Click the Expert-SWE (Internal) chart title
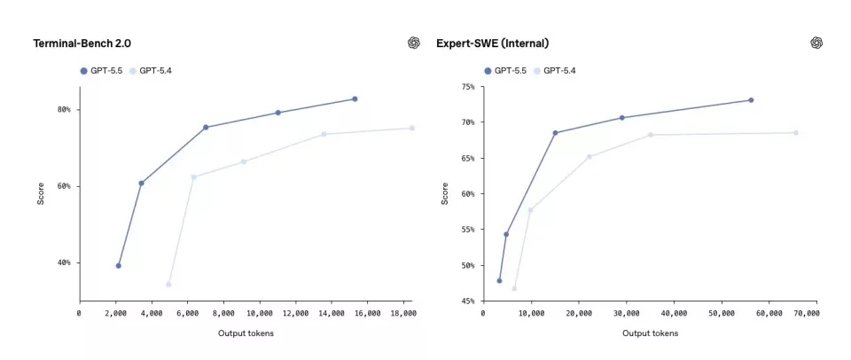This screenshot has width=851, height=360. coord(492,43)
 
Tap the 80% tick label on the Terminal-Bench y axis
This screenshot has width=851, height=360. coord(64,110)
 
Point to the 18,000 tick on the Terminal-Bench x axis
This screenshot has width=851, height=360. coord(402,313)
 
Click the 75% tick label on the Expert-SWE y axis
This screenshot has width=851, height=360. coord(466,87)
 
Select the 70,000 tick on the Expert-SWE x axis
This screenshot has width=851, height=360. coord(804,313)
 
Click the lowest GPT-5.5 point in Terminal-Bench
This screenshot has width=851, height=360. coord(118,266)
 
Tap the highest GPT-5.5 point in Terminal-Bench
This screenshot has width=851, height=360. coord(355,99)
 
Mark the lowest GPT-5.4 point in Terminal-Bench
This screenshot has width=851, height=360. coord(168,285)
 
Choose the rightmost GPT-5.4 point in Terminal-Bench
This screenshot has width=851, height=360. coord(411,129)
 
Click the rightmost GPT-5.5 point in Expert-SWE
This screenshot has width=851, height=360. coord(751,100)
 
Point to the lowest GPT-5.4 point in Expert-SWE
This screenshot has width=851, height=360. coord(514,288)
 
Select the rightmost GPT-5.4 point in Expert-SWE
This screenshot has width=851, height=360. coord(796,133)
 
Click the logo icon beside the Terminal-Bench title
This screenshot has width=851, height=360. coord(413,43)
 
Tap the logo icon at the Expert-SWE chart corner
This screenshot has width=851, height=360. coord(816,43)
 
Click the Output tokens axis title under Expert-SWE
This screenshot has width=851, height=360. coord(650,333)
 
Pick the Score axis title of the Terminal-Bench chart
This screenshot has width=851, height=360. coord(41,194)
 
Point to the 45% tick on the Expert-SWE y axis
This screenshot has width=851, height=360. coord(466,301)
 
